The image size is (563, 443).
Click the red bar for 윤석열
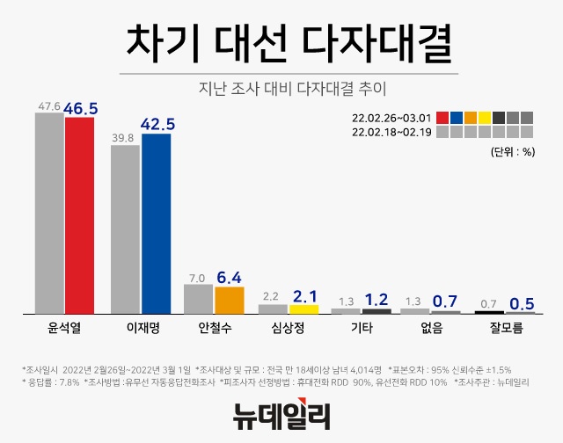[x=79, y=215]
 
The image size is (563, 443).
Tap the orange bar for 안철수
[x=229, y=300]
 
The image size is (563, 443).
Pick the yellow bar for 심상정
[x=303, y=309]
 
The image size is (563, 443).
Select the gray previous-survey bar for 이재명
[x=126, y=229]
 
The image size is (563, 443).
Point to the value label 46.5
[x=80, y=107]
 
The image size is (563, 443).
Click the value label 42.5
[x=157, y=123]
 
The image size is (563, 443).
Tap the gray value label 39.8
[x=123, y=137]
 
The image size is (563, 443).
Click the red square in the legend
[x=442, y=117]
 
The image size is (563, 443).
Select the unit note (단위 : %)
[x=512, y=151]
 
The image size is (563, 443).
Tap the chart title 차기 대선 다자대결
[x=281, y=41]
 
